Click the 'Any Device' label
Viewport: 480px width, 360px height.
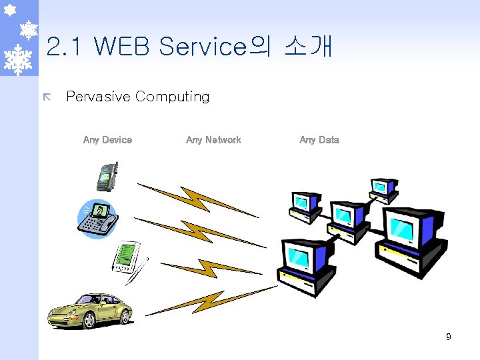coord(107,140)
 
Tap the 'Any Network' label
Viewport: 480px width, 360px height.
coord(213,140)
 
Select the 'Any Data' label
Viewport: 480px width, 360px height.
coord(319,140)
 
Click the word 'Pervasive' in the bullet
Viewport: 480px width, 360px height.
coord(98,97)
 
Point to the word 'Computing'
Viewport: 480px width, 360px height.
coord(172,97)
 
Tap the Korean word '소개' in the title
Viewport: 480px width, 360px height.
coord(308,47)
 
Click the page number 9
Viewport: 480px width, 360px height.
coord(449,337)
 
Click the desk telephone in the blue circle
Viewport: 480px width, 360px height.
coord(97,217)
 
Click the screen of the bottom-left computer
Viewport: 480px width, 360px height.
coord(300,256)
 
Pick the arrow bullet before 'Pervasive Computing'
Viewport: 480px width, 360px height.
coord(46,97)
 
